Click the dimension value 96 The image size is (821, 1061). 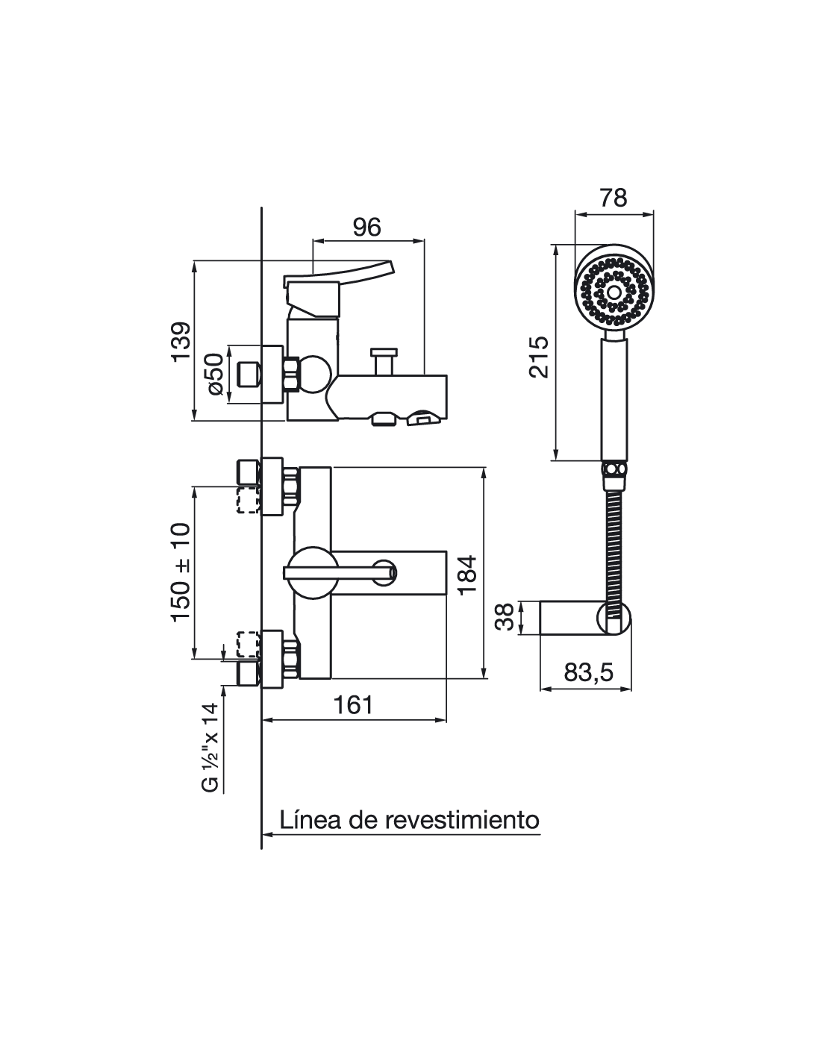pyautogui.click(x=366, y=228)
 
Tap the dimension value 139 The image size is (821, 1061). pyautogui.click(x=181, y=341)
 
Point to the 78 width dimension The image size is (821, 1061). pyautogui.click(x=614, y=198)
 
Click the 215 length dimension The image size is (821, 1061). pyautogui.click(x=539, y=357)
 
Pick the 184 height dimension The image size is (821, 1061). pyautogui.click(x=468, y=575)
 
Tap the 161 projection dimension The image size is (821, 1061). pyautogui.click(x=352, y=704)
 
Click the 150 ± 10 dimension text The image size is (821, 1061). pyautogui.click(x=180, y=572)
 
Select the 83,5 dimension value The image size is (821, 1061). pyautogui.click(x=588, y=672)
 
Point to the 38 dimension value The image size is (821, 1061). pyautogui.click(x=505, y=617)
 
